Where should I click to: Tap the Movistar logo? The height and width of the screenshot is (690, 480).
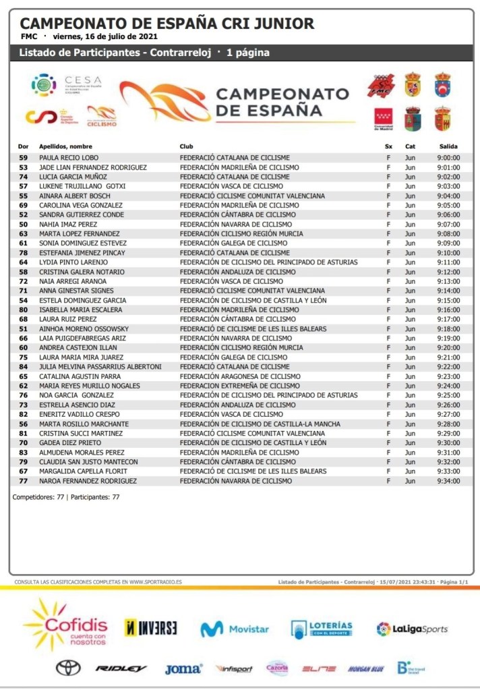(234, 629)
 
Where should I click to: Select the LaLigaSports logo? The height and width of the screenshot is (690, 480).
(412, 629)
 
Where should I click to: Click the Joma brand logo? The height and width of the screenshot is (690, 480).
(183, 668)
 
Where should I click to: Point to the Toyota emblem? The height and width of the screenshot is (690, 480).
(68, 668)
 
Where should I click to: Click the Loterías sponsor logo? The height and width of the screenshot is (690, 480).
(322, 629)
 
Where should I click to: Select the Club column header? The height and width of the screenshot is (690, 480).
(186, 146)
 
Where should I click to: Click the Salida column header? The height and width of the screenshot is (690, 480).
(448, 146)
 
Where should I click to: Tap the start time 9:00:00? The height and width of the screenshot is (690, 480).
(448, 158)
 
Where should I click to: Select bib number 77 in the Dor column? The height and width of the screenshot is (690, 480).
(24, 481)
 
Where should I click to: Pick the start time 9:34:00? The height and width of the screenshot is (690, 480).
(448, 481)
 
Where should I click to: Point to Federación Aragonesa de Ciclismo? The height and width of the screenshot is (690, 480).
(240, 376)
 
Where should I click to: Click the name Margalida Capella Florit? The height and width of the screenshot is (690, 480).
(83, 471)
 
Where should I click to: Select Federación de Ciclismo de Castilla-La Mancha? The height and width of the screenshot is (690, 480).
(258, 424)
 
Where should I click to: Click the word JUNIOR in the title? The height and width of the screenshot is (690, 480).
(282, 24)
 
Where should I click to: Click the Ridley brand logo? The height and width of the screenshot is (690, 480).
(121, 668)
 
